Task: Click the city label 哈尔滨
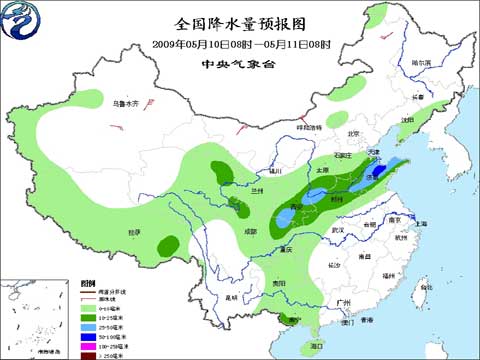423,62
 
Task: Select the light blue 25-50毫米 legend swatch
87,325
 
